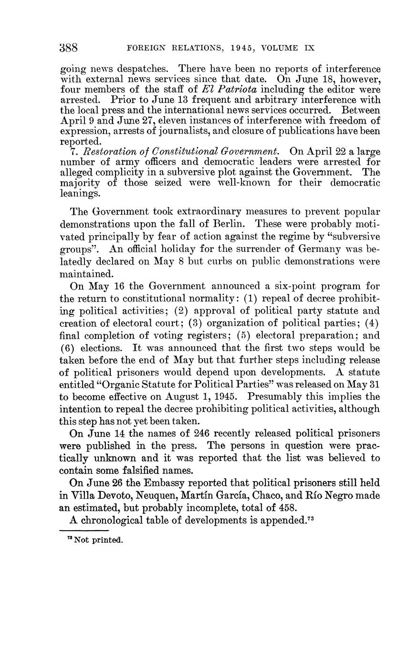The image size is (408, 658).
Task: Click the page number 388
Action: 69,48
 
